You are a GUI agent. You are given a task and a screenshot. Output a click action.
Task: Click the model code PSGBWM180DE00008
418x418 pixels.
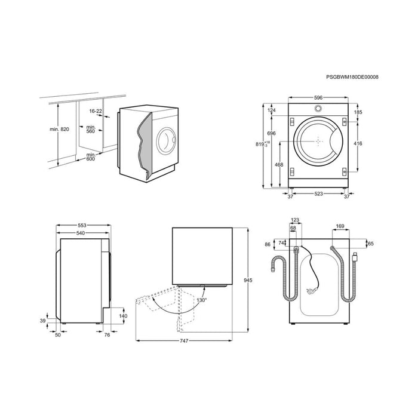(x=352, y=77)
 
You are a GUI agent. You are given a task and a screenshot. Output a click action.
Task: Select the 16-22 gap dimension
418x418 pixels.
(x=96, y=110)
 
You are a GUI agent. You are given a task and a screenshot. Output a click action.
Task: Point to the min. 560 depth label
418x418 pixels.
(x=91, y=130)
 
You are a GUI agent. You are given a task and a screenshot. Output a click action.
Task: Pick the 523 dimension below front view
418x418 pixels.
(x=319, y=195)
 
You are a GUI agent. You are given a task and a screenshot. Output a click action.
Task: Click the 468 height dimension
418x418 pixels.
(x=279, y=165)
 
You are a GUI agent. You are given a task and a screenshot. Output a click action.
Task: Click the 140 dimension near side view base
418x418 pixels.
(x=124, y=316)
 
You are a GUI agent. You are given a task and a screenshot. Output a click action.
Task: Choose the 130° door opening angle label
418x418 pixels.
(x=202, y=300)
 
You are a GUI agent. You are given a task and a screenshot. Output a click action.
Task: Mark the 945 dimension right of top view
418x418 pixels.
(x=257, y=278)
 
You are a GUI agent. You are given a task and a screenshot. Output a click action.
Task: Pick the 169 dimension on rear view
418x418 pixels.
(x=339, y=226)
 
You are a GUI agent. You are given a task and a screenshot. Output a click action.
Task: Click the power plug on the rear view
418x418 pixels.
(x=310, y=291)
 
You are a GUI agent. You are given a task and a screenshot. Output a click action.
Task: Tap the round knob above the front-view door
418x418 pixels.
(x=318, y=109)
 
